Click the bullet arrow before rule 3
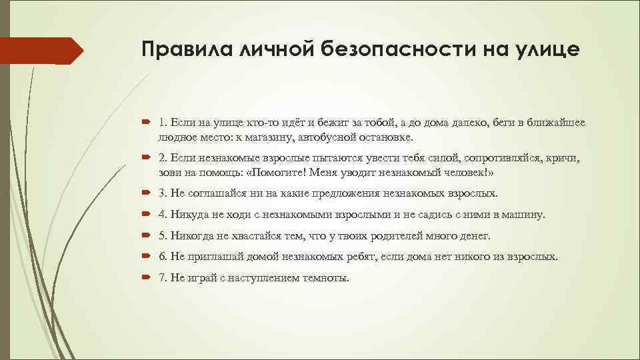pos(147,193)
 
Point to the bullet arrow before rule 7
pos(147,278)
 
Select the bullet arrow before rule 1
pos(147,123)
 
